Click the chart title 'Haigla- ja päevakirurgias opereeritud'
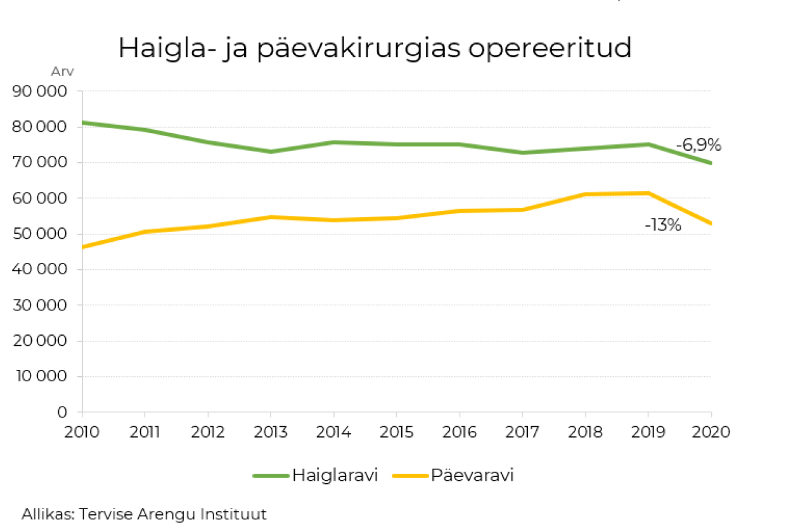click(375, 49)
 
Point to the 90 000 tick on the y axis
click(40, 91)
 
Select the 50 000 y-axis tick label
click(40, 234)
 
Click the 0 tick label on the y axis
click(62, 412)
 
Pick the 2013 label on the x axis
click(271, 432)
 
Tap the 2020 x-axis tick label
click(711, 432)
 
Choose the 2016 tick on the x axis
click(459, 432)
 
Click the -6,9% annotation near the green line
click(699, 145)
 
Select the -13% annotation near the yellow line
click(663, 225)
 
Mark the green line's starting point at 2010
click(83, 122)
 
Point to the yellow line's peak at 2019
click(648, 193)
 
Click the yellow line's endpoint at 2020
click(710, 224)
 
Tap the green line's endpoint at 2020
click(710, 163)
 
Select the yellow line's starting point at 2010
click(83, 247)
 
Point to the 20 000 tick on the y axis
click(40, 341)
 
